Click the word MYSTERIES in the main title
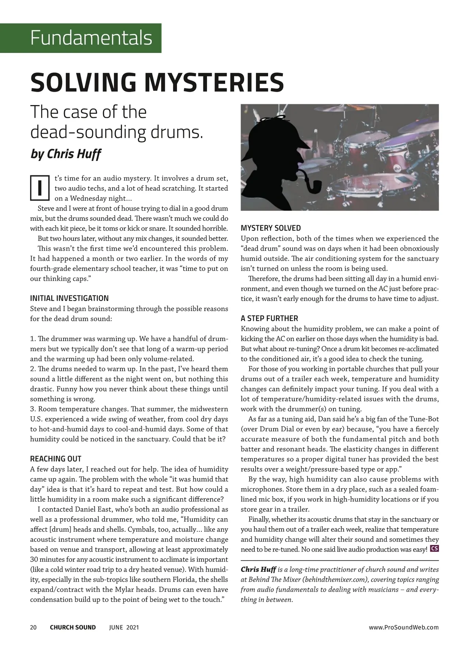214,82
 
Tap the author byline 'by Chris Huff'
66,154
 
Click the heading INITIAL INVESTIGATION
69,298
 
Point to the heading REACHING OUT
56,459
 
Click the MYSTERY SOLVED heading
271,228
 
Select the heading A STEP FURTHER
269,318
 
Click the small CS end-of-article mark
434,549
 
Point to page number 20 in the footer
34,627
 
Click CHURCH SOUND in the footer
73,627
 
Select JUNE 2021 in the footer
124,627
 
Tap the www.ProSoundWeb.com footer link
403,627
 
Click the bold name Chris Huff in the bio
258,570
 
